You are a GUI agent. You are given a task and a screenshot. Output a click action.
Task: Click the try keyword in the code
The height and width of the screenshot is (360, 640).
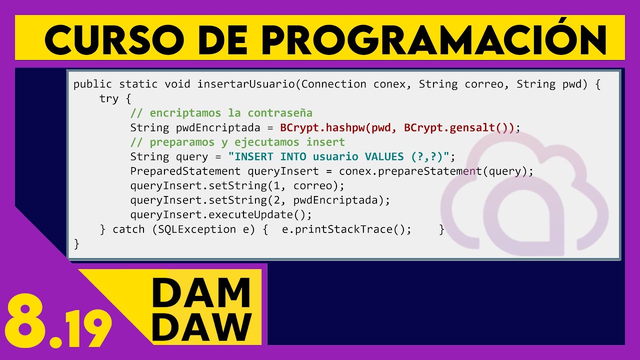coord(109,98)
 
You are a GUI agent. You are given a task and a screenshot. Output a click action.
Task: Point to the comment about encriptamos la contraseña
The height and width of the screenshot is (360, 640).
coord(221,113)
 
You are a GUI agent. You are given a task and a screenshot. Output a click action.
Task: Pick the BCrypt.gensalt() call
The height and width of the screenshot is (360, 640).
coord(459,127)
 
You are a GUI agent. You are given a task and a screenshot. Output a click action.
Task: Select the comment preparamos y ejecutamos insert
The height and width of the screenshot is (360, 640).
coord(237,142)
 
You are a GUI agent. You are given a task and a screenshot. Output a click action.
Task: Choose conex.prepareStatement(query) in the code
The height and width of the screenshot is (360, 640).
coord(436,171)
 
